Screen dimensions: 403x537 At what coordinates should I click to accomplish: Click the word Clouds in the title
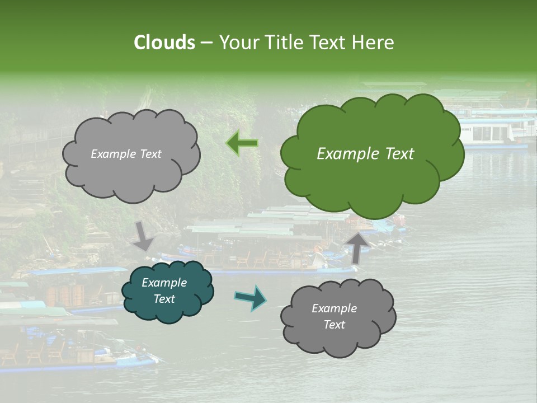click(164, 43)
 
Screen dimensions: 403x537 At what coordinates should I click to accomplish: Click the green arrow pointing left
click(242, 143)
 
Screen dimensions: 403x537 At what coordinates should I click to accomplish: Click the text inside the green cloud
click(365, 154)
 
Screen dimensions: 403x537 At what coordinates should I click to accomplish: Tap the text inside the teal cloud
click(164, 291)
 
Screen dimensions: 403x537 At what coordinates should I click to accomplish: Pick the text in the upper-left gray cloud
click(126, 154)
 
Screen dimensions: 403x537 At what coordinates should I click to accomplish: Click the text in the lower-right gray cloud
click(334, 316)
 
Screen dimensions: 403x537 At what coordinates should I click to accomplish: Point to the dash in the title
click(206, 43)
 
